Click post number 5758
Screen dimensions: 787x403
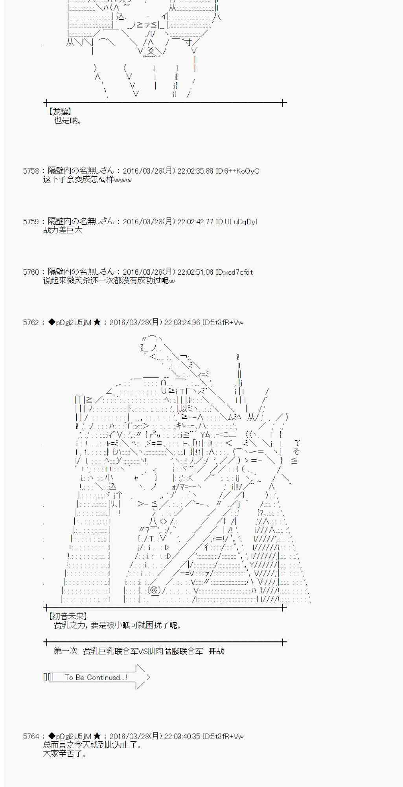pos(31,171)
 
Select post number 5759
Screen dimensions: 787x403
pos(31,222)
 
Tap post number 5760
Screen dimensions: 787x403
pos(31,272)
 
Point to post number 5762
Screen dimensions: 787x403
pos(31,323)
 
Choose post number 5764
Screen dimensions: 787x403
pos(31,736)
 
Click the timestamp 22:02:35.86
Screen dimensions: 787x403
pos(195,171)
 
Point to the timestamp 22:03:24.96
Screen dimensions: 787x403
pos(182,323)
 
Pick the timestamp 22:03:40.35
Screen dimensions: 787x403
pos(182,736)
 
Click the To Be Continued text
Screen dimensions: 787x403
pos(96,677)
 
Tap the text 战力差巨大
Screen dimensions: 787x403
pos(63,231)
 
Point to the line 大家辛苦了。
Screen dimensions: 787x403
pos(65,754)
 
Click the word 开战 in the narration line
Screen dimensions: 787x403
pos(216,651)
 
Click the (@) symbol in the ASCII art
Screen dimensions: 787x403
pos(154,590)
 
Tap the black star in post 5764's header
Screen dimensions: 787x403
pos(97,736)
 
